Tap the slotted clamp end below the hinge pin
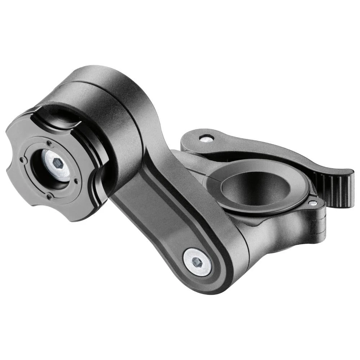(x=317, y=223)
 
